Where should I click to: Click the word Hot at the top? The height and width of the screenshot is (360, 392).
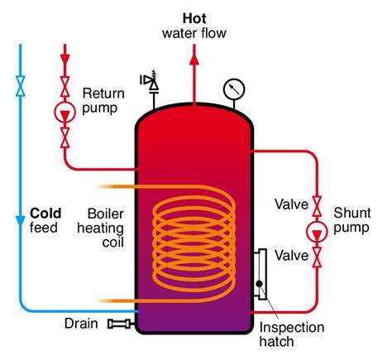tap(195, 17)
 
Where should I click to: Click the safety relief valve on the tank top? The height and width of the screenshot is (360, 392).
tap(151, 81)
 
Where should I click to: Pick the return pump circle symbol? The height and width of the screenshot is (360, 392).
tap(65, 112)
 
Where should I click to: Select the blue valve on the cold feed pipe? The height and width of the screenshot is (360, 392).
tap(19, 84)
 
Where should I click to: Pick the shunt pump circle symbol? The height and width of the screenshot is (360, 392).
tap(317, 231)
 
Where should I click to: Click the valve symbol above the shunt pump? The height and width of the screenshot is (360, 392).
tap(317, 204)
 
